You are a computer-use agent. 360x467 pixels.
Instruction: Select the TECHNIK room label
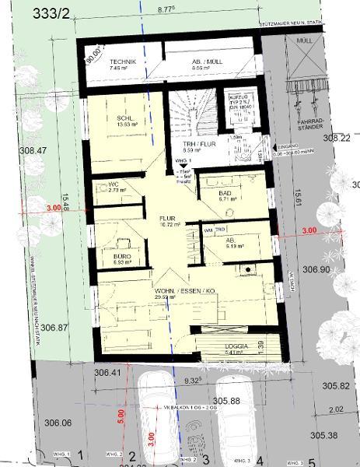tap(123, 61)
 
